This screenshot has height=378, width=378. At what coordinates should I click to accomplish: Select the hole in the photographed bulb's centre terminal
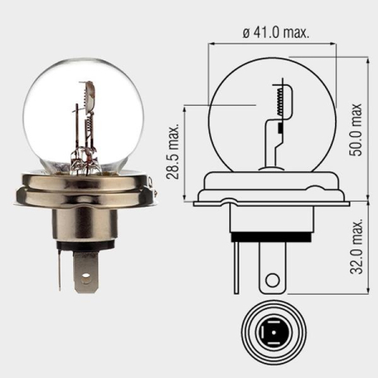point(87,271)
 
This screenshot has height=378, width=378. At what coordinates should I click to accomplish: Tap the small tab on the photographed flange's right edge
point(153,192)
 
